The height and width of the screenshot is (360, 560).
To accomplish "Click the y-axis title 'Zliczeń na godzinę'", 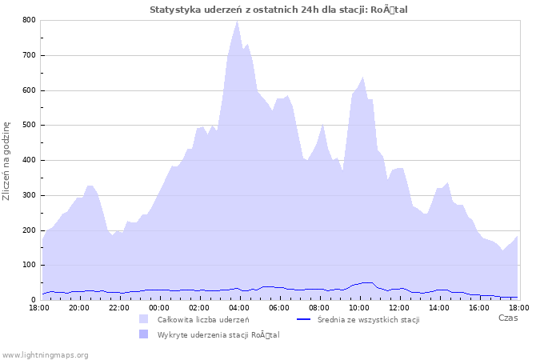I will [7, 160].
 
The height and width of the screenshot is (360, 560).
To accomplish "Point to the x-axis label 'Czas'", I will [507, 318].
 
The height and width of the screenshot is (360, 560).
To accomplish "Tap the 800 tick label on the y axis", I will [28, 20].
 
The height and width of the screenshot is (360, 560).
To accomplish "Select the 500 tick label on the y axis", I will [28, 126].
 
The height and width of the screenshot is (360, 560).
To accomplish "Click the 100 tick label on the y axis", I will [28, 265].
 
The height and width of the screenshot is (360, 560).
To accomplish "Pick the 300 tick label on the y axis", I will [28, 195].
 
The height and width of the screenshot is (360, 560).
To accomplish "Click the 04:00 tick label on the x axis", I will [238, 307].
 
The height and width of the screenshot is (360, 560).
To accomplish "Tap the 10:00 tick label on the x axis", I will [358, 307].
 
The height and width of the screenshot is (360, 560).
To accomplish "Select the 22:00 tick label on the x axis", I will [118, 307].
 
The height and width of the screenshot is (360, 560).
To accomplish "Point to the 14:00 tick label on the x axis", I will [438, 307].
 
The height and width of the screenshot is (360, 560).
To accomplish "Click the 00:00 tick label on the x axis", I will [158, 307].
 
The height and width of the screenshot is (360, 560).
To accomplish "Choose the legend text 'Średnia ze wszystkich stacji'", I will [368, 320].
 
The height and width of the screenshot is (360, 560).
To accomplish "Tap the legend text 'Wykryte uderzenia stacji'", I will [218, 334].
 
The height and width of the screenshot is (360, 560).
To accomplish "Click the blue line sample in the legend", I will [303, 319].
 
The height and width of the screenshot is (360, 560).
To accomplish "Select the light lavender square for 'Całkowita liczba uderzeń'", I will [143, 319].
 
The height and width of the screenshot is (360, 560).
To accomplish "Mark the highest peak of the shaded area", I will [237, 21].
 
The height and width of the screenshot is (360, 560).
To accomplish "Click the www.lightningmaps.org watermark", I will [45, 354].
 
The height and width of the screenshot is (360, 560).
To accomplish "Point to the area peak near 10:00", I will [362, 78].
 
